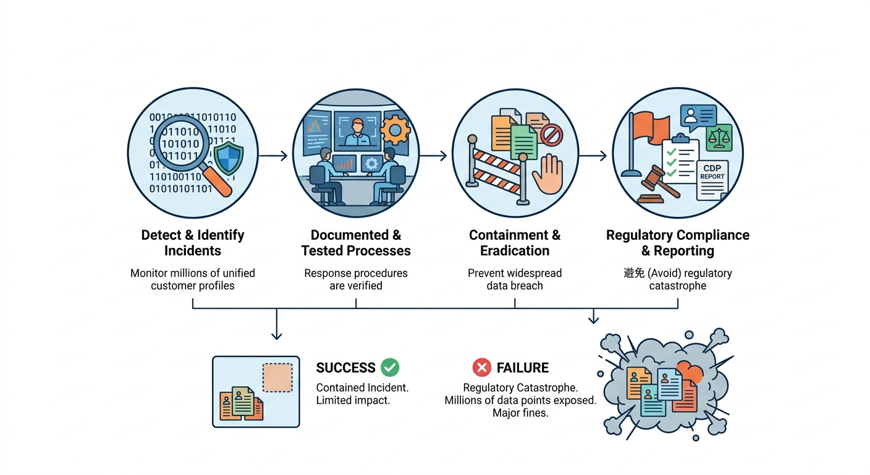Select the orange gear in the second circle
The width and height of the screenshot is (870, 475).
point(395,131)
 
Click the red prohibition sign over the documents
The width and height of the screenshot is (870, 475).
point(551,134)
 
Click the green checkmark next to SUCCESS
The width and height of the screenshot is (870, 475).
point(390,367)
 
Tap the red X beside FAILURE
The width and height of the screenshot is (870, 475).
point(481,368)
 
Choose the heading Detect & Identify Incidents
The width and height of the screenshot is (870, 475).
point(193,243)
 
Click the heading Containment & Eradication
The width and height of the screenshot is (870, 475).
point(515,243)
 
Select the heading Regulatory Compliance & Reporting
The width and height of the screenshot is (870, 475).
point(677,243)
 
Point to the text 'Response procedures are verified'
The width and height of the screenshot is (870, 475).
point(356,280)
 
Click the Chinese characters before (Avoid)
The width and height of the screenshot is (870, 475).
point(635,273)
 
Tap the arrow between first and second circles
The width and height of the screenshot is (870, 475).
point(273,155)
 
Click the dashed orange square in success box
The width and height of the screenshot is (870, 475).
point(277,377)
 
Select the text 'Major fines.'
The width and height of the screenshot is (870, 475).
point(520,413)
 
